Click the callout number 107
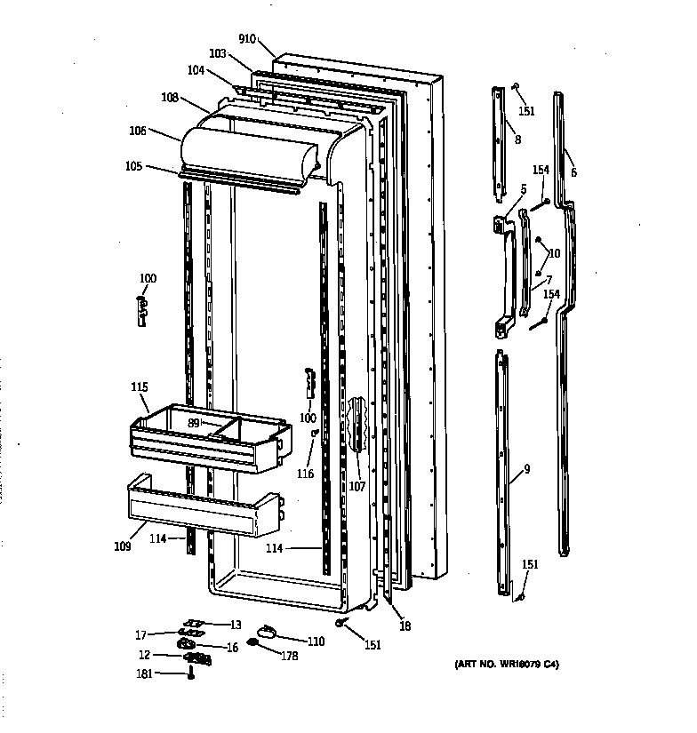(x=357, y=487)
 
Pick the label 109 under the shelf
(x=123, y=546)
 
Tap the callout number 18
(x=405, y=625)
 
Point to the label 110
(x=316, y=641)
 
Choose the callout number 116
(x=305, y=474)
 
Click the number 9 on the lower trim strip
(x=526, y=469)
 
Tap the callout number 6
(x=573, y=172)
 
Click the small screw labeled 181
(x=190, y=675)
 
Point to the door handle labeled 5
(x=507, y=275)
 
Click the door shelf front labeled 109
(x=200, y=515)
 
